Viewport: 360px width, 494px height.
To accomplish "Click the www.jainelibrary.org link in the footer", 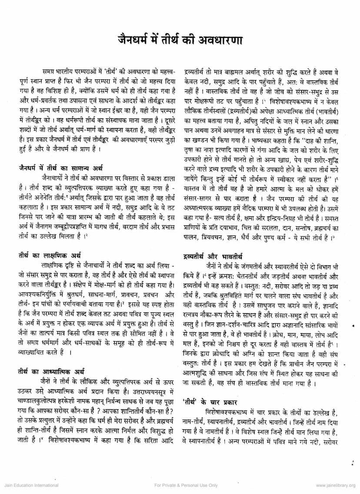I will click(x=335, y=485).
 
